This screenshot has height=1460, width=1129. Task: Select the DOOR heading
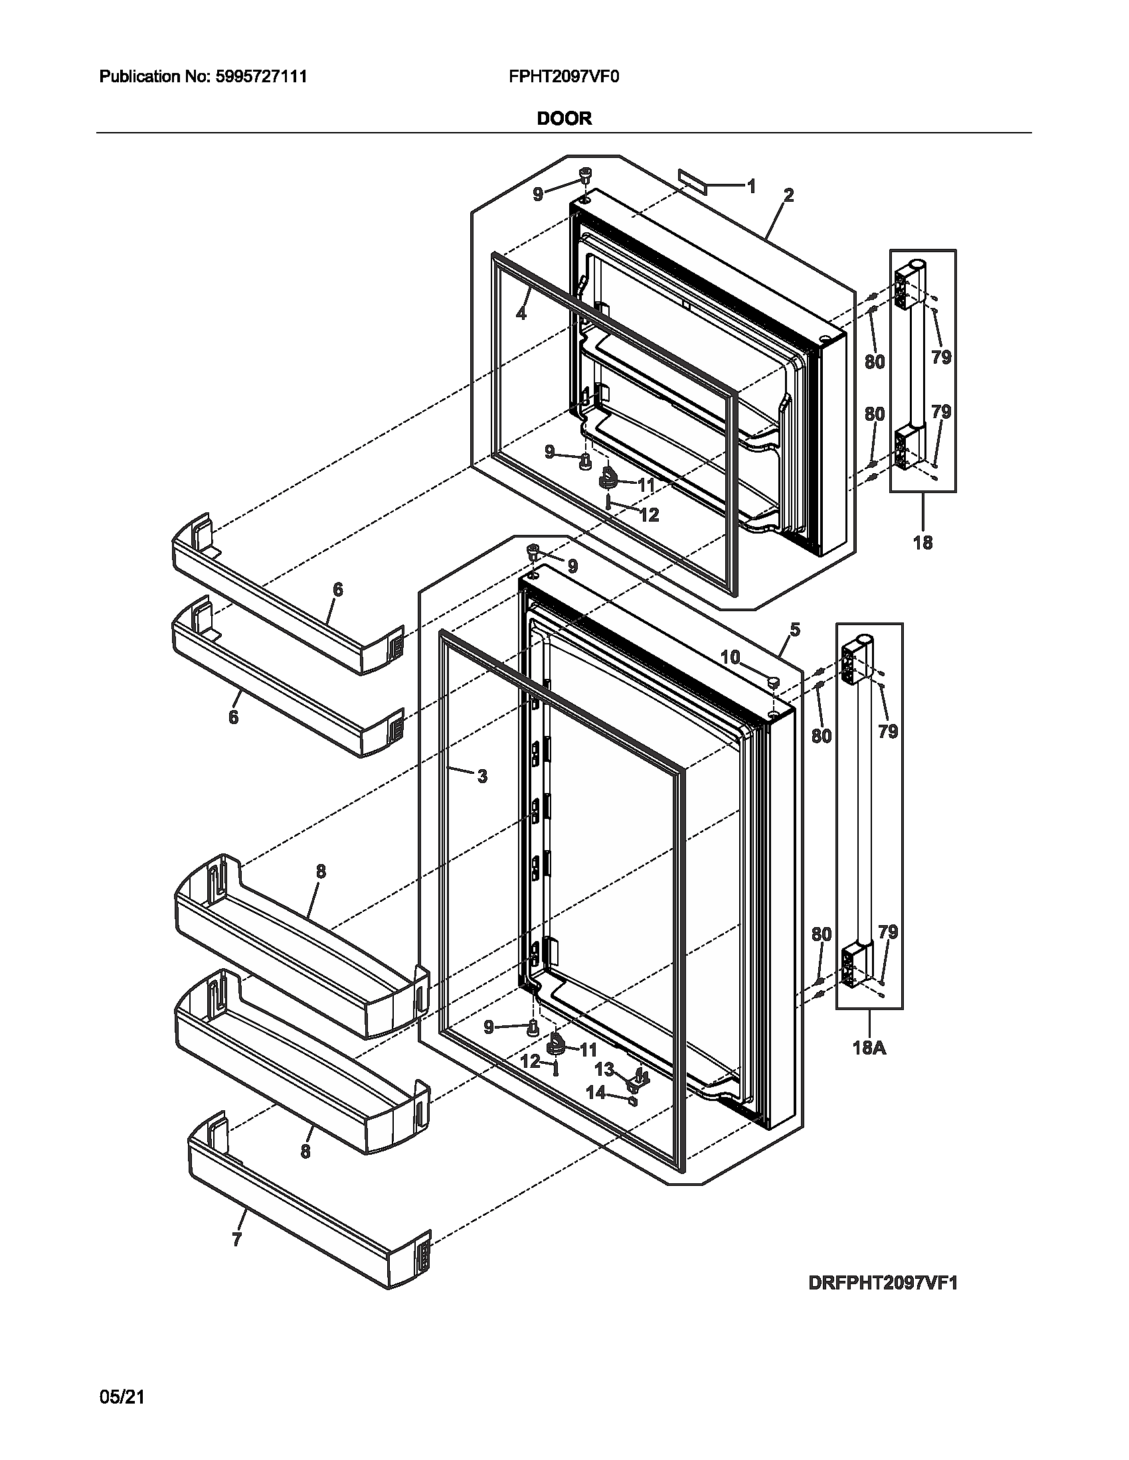pyautogui.click(x=564, y=119)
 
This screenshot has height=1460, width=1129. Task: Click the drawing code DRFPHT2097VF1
pyautogui.click(x=883, y=1283)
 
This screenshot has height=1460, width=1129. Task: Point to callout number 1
pyautogui.click(x=751, y=186)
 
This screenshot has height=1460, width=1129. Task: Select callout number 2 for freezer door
pyautogui.click(x=788, y=196)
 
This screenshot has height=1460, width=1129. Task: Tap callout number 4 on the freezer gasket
pyautogui.click(x=521, y=312)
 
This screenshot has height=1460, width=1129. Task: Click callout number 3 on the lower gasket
pyautogui.click(x=482, y=776)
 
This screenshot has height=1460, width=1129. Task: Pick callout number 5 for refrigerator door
pyautogui.click(x=794, y=629)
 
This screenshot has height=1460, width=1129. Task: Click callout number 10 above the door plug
pyautogui.click(x=731, y=658)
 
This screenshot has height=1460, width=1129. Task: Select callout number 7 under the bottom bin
pyautogui.click(x=236, y=1240)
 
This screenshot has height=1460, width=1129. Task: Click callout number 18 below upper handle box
pyautogui.click(x=922, y=543)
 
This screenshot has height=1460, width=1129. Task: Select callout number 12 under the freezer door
pyautogui.click(x=649, y=515)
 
